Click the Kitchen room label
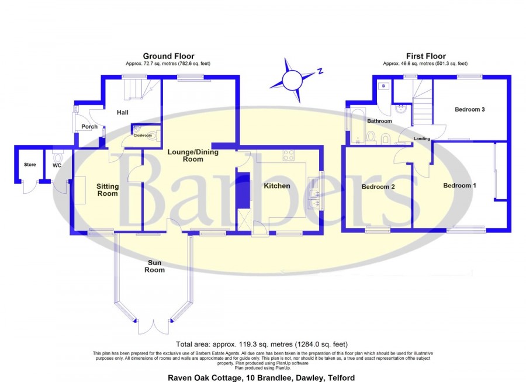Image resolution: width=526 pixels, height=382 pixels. (277, 186)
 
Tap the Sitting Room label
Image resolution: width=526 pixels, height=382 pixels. (108, 190)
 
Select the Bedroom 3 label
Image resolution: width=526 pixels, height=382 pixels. (470, 109)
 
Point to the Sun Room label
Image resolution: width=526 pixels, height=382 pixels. (155, 266)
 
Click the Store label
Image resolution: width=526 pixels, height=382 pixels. (30, 165)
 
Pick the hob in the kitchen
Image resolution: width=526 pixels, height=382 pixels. (289, 155)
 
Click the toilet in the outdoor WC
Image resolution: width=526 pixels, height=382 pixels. (58, 157)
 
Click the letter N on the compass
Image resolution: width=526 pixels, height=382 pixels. (320, 71)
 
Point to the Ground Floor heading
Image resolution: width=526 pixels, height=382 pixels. (168, 56)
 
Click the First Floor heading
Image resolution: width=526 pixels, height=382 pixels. (425, 56)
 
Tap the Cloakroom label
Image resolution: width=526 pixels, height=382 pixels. (143, 135)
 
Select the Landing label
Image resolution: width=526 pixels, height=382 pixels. (421, 138)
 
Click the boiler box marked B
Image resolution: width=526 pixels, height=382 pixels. (383, 86)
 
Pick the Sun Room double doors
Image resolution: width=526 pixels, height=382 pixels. (154, 327)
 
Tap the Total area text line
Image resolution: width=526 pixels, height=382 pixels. (262, 344)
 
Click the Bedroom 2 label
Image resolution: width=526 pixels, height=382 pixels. (378, 187)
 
